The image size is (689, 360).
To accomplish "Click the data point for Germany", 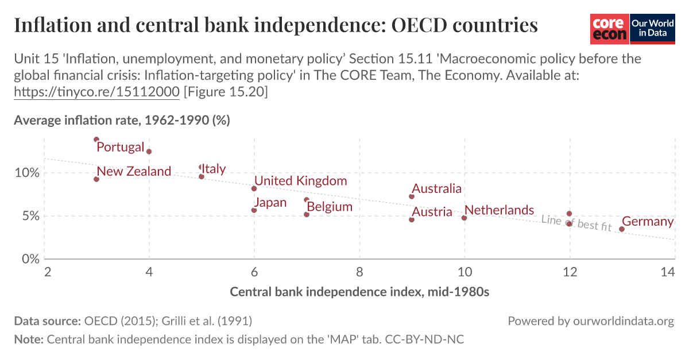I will (622, 229).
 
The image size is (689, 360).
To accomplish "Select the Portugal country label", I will (120, 147).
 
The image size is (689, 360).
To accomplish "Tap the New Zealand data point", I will (96, 179).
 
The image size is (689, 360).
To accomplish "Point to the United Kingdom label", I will (300, 181).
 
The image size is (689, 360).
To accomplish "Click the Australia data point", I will (412, 196).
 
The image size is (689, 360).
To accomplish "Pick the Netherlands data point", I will (464, 218).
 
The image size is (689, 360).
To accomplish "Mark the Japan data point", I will (254, 210).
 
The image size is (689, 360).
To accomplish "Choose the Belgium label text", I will (329, 207).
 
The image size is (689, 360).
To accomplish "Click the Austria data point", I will (412, 220).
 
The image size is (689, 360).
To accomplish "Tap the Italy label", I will (213, 169).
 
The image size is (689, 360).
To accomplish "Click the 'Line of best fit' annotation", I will (576, 223).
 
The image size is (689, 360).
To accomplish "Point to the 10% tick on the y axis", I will (26, 173).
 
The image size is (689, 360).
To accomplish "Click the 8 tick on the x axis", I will (359, 272).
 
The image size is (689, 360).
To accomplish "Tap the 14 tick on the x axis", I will (667, 272).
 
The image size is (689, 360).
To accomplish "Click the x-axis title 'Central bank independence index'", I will (359, 292).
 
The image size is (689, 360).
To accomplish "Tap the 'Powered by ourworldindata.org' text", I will (590, 321).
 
